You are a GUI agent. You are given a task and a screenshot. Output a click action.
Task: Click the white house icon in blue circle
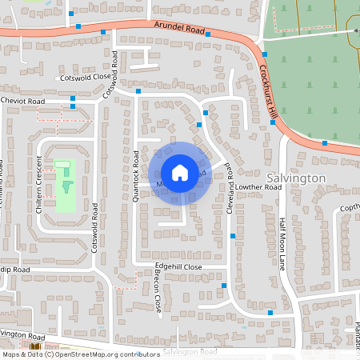(x=180, y=173)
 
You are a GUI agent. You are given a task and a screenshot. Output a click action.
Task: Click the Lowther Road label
(x=260, y=186)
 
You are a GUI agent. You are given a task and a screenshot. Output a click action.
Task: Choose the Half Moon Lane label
(x=282, y=243)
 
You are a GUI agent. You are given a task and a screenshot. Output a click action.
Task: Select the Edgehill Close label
(x=179, y=266)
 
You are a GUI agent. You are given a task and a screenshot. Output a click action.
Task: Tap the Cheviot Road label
(x=22, y=102)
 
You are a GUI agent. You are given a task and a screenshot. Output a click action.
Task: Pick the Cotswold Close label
(x=84, y=78)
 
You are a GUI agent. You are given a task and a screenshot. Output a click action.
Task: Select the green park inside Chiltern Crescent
(x=64, y=186)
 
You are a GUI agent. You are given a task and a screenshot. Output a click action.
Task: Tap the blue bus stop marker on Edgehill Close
(x=224, y=285)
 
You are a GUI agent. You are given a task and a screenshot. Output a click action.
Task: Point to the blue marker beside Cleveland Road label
(x=233, y=235)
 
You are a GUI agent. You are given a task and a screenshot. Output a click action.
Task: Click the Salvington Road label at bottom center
(x=190, y=352)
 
